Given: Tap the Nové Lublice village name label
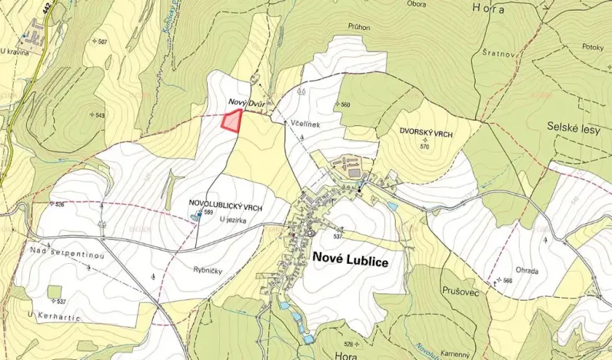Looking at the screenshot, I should tap(350, 261).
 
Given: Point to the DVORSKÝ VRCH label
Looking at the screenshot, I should tap(425, 134).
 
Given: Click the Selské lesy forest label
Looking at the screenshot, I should tap(573, 128).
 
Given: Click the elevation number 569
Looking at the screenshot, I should tap(208, 212).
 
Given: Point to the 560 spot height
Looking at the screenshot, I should tap(344, 105).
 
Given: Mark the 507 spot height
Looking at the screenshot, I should tap(101, 42).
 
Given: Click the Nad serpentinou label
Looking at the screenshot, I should tap(55, 252).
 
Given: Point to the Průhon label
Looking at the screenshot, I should tap(358, 27).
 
